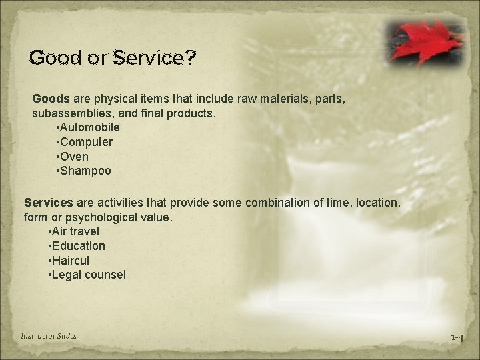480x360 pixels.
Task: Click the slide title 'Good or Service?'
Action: click(113, 58)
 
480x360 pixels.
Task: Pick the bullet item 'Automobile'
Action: click(89, 127)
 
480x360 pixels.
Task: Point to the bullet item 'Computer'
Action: click(85, 142)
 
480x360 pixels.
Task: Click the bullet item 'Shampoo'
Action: click(85, 171)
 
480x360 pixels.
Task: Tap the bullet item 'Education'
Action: click(77, 245)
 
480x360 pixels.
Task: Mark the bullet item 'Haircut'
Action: click(70, 260)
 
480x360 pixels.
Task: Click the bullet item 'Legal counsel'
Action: click(87, 275)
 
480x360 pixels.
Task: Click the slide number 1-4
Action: click(457, 338)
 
